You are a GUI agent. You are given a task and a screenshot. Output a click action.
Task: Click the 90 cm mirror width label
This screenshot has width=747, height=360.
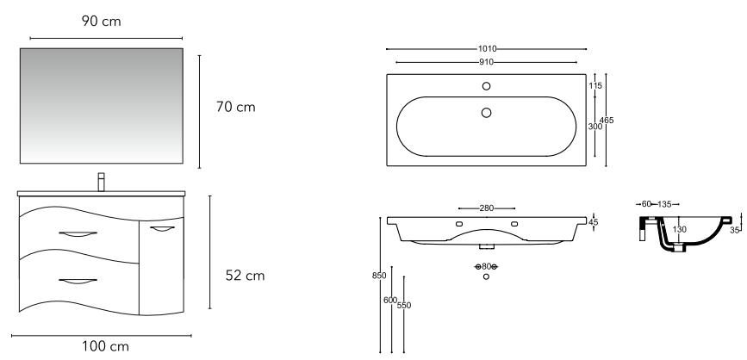(101, 21)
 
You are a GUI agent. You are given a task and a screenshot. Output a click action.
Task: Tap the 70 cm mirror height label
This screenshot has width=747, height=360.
(236, 107)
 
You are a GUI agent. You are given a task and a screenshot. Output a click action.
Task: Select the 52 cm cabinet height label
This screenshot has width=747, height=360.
(245, 276)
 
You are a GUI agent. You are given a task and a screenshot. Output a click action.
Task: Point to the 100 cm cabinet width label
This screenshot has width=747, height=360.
(105, 346)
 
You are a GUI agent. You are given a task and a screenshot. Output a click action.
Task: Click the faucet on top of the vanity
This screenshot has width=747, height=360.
(101, 182)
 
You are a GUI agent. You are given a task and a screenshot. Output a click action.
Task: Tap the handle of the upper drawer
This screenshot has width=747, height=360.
(78, 233)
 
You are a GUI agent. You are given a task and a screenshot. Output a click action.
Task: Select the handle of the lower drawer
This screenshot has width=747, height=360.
(78, 282)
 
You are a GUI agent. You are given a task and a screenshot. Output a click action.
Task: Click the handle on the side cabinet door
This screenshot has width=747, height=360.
(163, 229)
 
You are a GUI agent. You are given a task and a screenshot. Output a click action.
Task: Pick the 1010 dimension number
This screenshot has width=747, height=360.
(488, 48)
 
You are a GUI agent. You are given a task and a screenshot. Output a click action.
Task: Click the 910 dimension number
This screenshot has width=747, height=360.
(487, 62)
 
